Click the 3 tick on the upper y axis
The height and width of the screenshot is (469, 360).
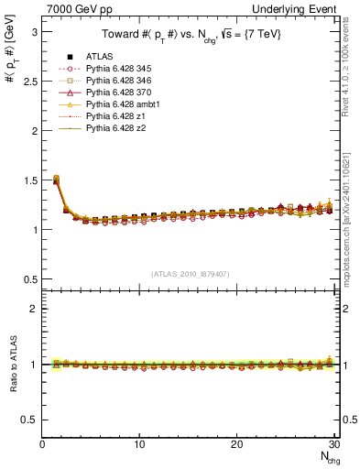(34, 32)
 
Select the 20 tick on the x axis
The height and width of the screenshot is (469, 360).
(237, 444)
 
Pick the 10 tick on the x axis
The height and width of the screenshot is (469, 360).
(139, 444)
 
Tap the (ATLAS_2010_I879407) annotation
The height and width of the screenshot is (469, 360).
(191, 273)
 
